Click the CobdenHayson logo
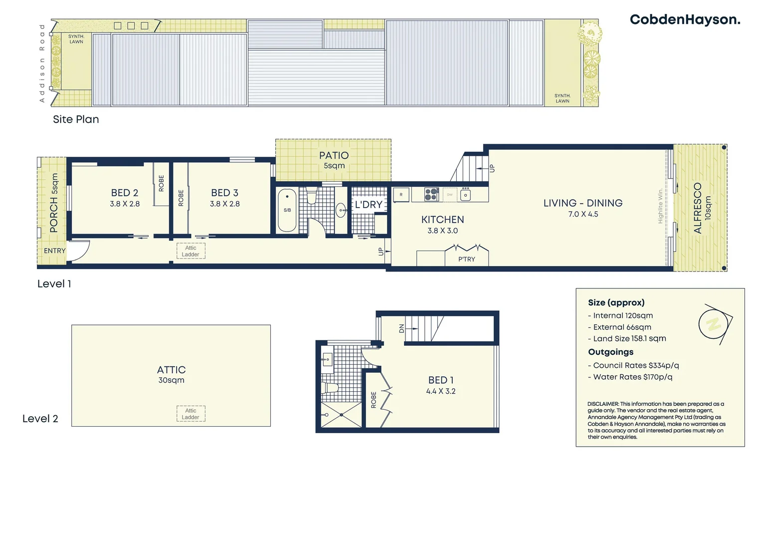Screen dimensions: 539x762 click(x=685, y=19)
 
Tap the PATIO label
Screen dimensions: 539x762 click(x=334, y=155)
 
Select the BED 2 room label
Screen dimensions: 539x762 click(x=125, y=193)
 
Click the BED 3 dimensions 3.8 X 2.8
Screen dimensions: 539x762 click(x=224, y=204)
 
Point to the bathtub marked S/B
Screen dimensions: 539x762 click(x=287, y=210)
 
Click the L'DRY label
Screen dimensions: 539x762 click(x=369, y=205)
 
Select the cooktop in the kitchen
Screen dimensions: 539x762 click(x=431, y=194)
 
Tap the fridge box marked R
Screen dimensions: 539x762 click(x=401, y=195)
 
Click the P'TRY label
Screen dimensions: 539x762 click(x=467, y=259)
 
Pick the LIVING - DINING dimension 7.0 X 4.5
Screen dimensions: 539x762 click(x=583, y=214)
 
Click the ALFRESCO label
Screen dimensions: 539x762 click(x=698, y=208)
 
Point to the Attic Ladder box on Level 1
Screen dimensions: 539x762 click(x=190, y=251)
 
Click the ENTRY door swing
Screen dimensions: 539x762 click(x=78, y=250)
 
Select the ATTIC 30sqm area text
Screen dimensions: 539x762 click(x=171, y=380)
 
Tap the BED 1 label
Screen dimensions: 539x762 click(x=440, y=380)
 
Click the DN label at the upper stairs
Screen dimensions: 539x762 click(x=401, y=328)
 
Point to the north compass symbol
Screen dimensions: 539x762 click(x=714, y=324)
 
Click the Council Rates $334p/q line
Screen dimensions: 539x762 click(x=633, y=365)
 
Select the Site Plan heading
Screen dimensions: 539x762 click(x=76, y=119)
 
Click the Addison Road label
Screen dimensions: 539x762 click(x=42, y=63)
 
